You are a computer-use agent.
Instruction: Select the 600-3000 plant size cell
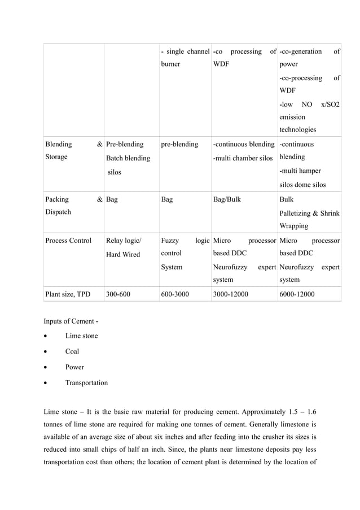click(175, 294)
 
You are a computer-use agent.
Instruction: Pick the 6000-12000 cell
click(297, 294)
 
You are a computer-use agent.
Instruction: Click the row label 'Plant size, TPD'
click(70, 294)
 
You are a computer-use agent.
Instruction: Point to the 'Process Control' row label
click(68, 241)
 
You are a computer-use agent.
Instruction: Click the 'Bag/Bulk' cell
click(227, 199)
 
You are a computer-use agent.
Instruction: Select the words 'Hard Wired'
click(123, 255)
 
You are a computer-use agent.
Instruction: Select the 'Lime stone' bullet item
click(81, 336)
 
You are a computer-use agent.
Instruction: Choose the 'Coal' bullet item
click(72, 351)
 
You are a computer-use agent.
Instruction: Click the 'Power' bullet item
click(74, 367)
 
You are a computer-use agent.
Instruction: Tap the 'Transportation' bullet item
click(86, 383)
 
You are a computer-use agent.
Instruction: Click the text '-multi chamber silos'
click(243, 158)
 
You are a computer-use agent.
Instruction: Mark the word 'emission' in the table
click(292, 117)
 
